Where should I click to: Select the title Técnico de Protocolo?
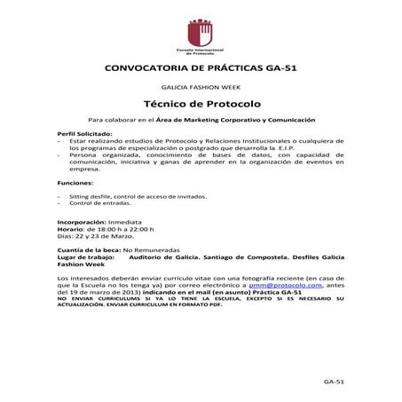click(201, 105)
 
